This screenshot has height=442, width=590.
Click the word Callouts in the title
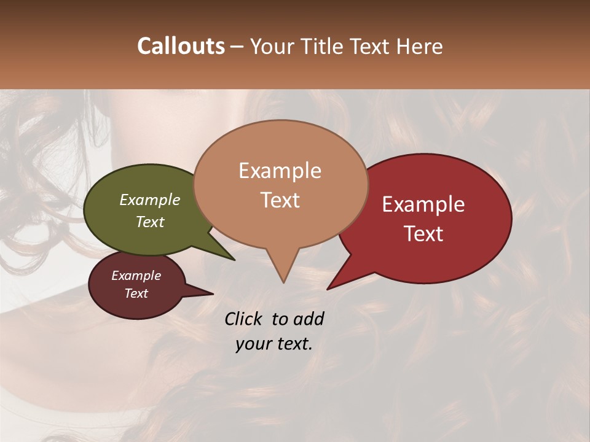click(x=181, y=46)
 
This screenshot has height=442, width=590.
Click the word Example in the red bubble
click(x=423, y=204)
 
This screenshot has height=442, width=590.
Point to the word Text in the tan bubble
click(x=280, y=200)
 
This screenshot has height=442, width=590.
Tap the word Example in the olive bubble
click(x=150, y=200)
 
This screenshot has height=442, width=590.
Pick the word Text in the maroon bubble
click(x=136, y=293)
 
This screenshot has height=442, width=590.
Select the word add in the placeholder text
click(x=309, y=319)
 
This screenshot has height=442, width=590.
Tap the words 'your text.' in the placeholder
click(x=274, y=344)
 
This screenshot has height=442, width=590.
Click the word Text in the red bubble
click(x=424, y=234)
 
